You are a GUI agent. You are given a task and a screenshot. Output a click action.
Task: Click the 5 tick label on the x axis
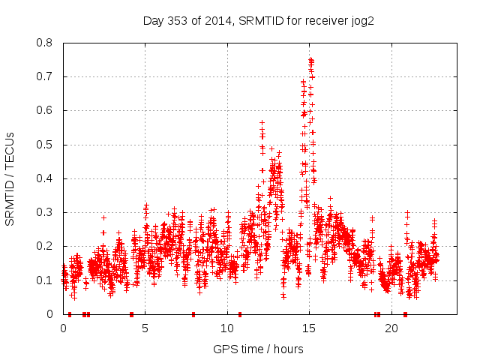click(x=145, y=328)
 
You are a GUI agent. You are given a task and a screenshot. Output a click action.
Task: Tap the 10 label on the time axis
click(x=227, y=328)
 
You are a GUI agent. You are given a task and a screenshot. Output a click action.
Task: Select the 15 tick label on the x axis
click(x=310, y=328)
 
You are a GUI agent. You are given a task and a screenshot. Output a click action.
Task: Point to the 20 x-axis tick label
click(x=391, y=328)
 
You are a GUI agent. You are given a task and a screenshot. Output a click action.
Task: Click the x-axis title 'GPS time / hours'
click(x=258, y=349)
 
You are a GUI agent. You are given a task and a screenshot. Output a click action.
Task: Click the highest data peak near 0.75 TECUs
click(x=310, y=59)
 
